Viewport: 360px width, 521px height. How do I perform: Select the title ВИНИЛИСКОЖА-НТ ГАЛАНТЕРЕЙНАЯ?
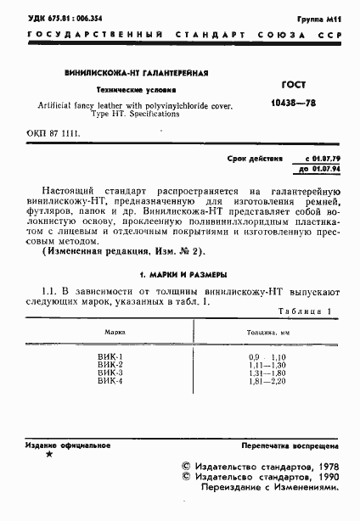(125, 75)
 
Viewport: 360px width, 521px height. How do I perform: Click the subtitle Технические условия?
(125, 89)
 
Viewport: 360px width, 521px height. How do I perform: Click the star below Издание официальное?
(49, 456)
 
